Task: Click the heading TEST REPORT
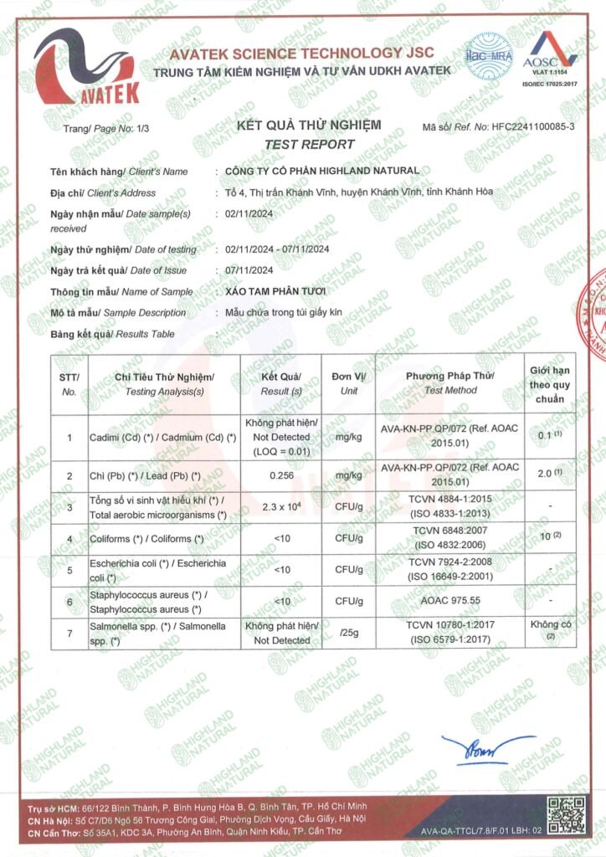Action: pos(309,144)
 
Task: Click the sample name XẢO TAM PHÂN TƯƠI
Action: pos(275,291)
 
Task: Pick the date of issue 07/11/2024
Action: pos(250,270)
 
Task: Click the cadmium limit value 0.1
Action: pos(547,436)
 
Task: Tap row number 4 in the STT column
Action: pos(69,538)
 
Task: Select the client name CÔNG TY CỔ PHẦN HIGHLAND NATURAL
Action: pos(322,172)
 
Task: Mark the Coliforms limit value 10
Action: pos(548,535)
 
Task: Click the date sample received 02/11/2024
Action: pos(250,213)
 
